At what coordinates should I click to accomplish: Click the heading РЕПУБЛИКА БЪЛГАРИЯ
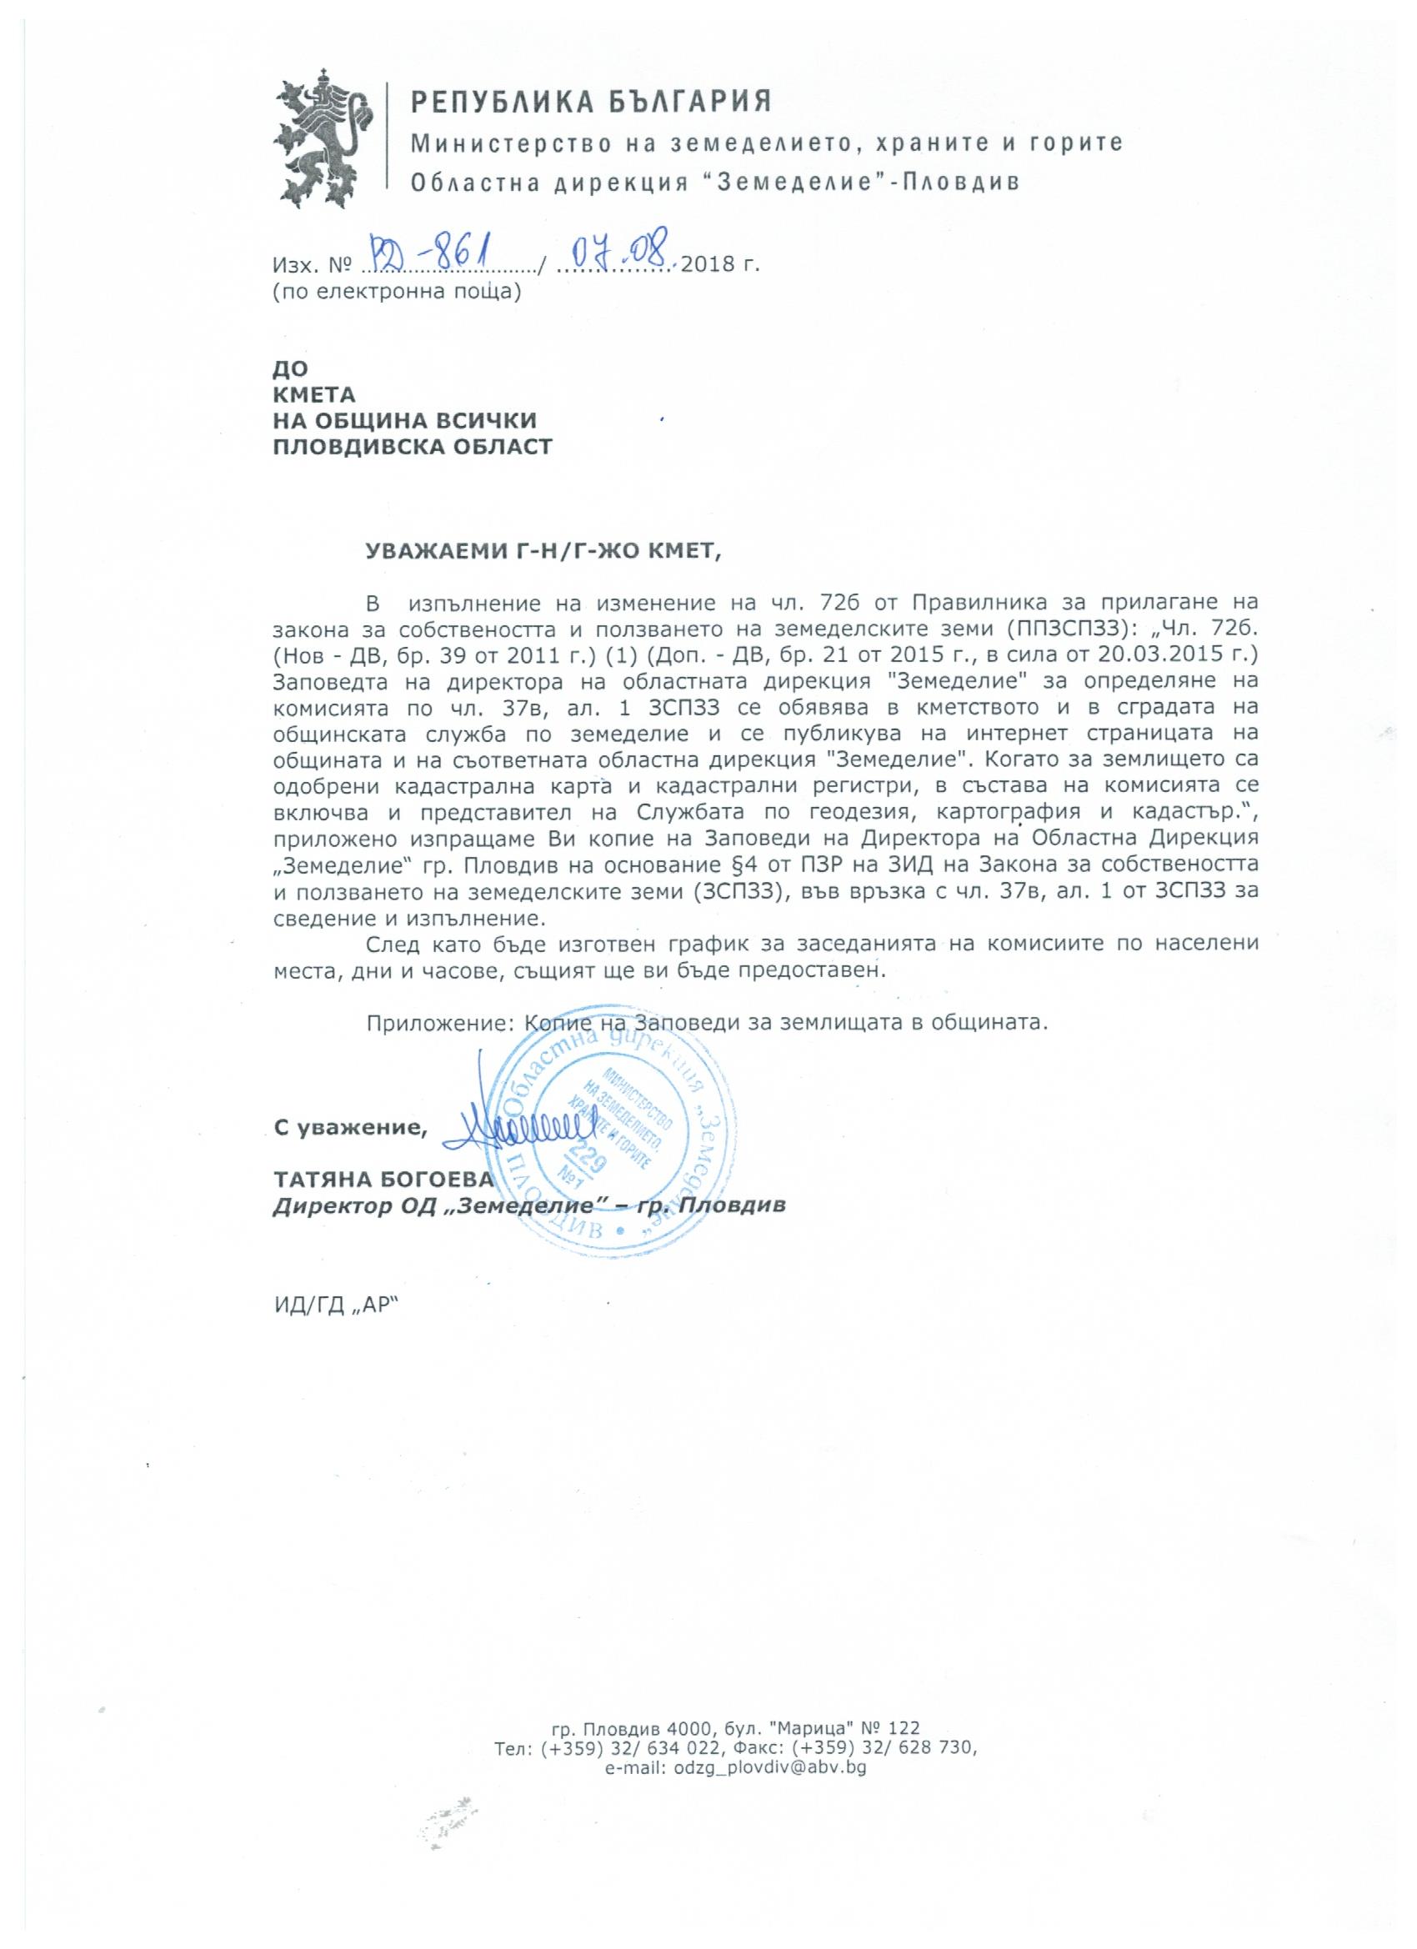coord(591,103)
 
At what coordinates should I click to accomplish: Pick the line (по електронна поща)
coord(397,291)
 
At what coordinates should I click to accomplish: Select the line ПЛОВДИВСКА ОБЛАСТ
coord(413,447)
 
